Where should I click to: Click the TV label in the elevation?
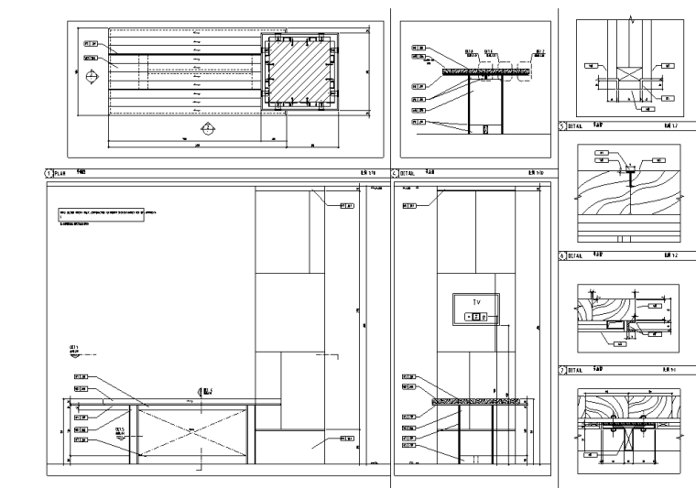tap(474, 301)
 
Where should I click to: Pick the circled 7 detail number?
tap(562, 370)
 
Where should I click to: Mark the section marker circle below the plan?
tap(208, 127)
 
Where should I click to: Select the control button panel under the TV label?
tap(475, 316)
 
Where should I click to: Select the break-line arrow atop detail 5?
tap(629, 16)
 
